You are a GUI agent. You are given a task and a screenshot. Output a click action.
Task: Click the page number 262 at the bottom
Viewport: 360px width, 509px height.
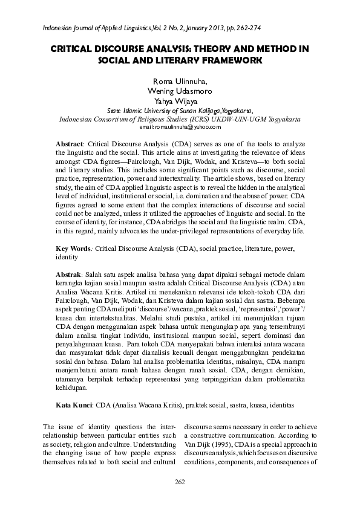179,481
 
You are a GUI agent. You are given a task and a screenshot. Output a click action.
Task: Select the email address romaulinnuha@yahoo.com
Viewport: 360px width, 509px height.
180,128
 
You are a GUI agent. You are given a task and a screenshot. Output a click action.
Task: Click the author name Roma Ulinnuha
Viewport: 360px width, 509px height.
180,82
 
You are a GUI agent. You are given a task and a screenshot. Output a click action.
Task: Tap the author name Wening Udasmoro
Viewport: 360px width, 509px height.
180,91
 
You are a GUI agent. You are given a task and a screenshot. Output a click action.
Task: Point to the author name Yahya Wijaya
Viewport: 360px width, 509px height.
180,101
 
